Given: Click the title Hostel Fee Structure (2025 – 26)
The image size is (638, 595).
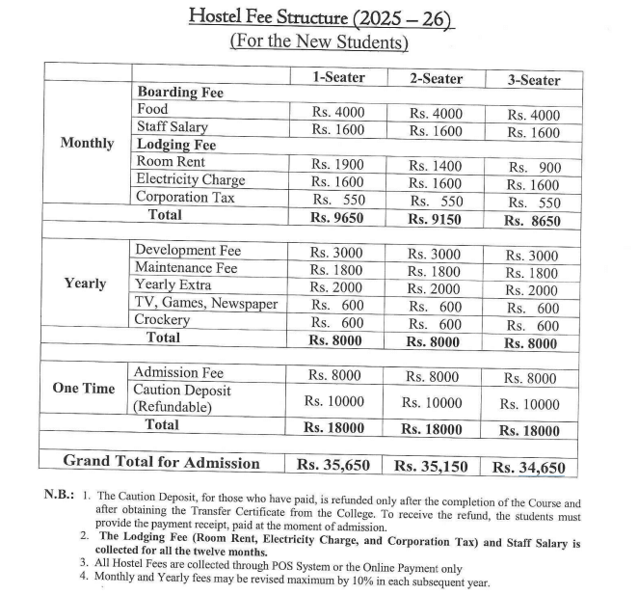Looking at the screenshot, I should [320, 16].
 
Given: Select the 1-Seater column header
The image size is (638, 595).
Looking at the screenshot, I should [337, 78].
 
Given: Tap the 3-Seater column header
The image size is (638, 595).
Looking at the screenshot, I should [533, 80].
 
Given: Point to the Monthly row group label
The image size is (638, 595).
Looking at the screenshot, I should [87, 143].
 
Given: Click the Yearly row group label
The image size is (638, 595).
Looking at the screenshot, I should [86, 284].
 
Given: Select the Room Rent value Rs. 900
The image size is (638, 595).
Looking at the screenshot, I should [533, 168].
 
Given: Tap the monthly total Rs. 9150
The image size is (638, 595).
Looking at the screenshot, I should [435, 219].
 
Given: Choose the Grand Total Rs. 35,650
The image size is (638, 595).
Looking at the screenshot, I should [333, 464].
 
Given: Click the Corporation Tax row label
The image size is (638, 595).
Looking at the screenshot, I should [185, 197].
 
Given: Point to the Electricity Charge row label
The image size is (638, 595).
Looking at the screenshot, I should [190, 179].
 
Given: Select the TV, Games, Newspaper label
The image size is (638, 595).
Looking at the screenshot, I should [206, 303].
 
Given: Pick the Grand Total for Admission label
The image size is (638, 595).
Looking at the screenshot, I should [161, 462].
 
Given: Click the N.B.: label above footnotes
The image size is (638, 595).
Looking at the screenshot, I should [62, 495].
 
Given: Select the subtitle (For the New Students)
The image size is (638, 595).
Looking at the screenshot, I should [319, 41].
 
